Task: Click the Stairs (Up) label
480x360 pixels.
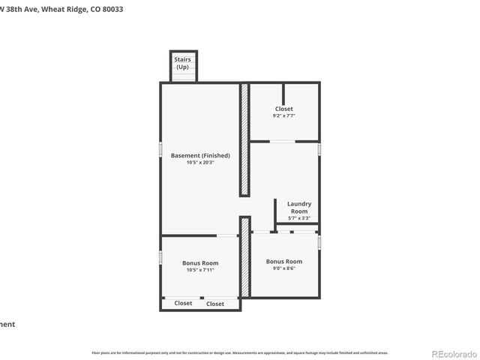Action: [182, 63]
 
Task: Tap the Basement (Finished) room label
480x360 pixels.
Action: [200, 155]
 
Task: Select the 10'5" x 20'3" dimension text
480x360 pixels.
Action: [200, 163]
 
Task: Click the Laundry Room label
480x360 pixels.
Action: [299, 207]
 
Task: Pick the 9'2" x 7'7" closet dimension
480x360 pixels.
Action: [284, 116]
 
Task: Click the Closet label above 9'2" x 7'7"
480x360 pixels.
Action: [284, 109]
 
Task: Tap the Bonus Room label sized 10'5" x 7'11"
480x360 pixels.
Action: [200, 262]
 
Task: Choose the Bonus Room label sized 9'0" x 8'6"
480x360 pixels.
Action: [284, 261]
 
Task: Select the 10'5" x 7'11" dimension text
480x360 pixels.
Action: [200, 270]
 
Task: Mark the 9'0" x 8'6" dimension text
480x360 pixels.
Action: [284, 268]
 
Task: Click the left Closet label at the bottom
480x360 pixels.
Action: [183, 303]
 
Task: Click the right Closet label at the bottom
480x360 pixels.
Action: [215, 304]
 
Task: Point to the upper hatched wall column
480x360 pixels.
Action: [244, 139]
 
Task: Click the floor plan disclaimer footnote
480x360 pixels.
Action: [240, 352]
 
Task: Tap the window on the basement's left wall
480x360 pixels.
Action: [160, 148]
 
